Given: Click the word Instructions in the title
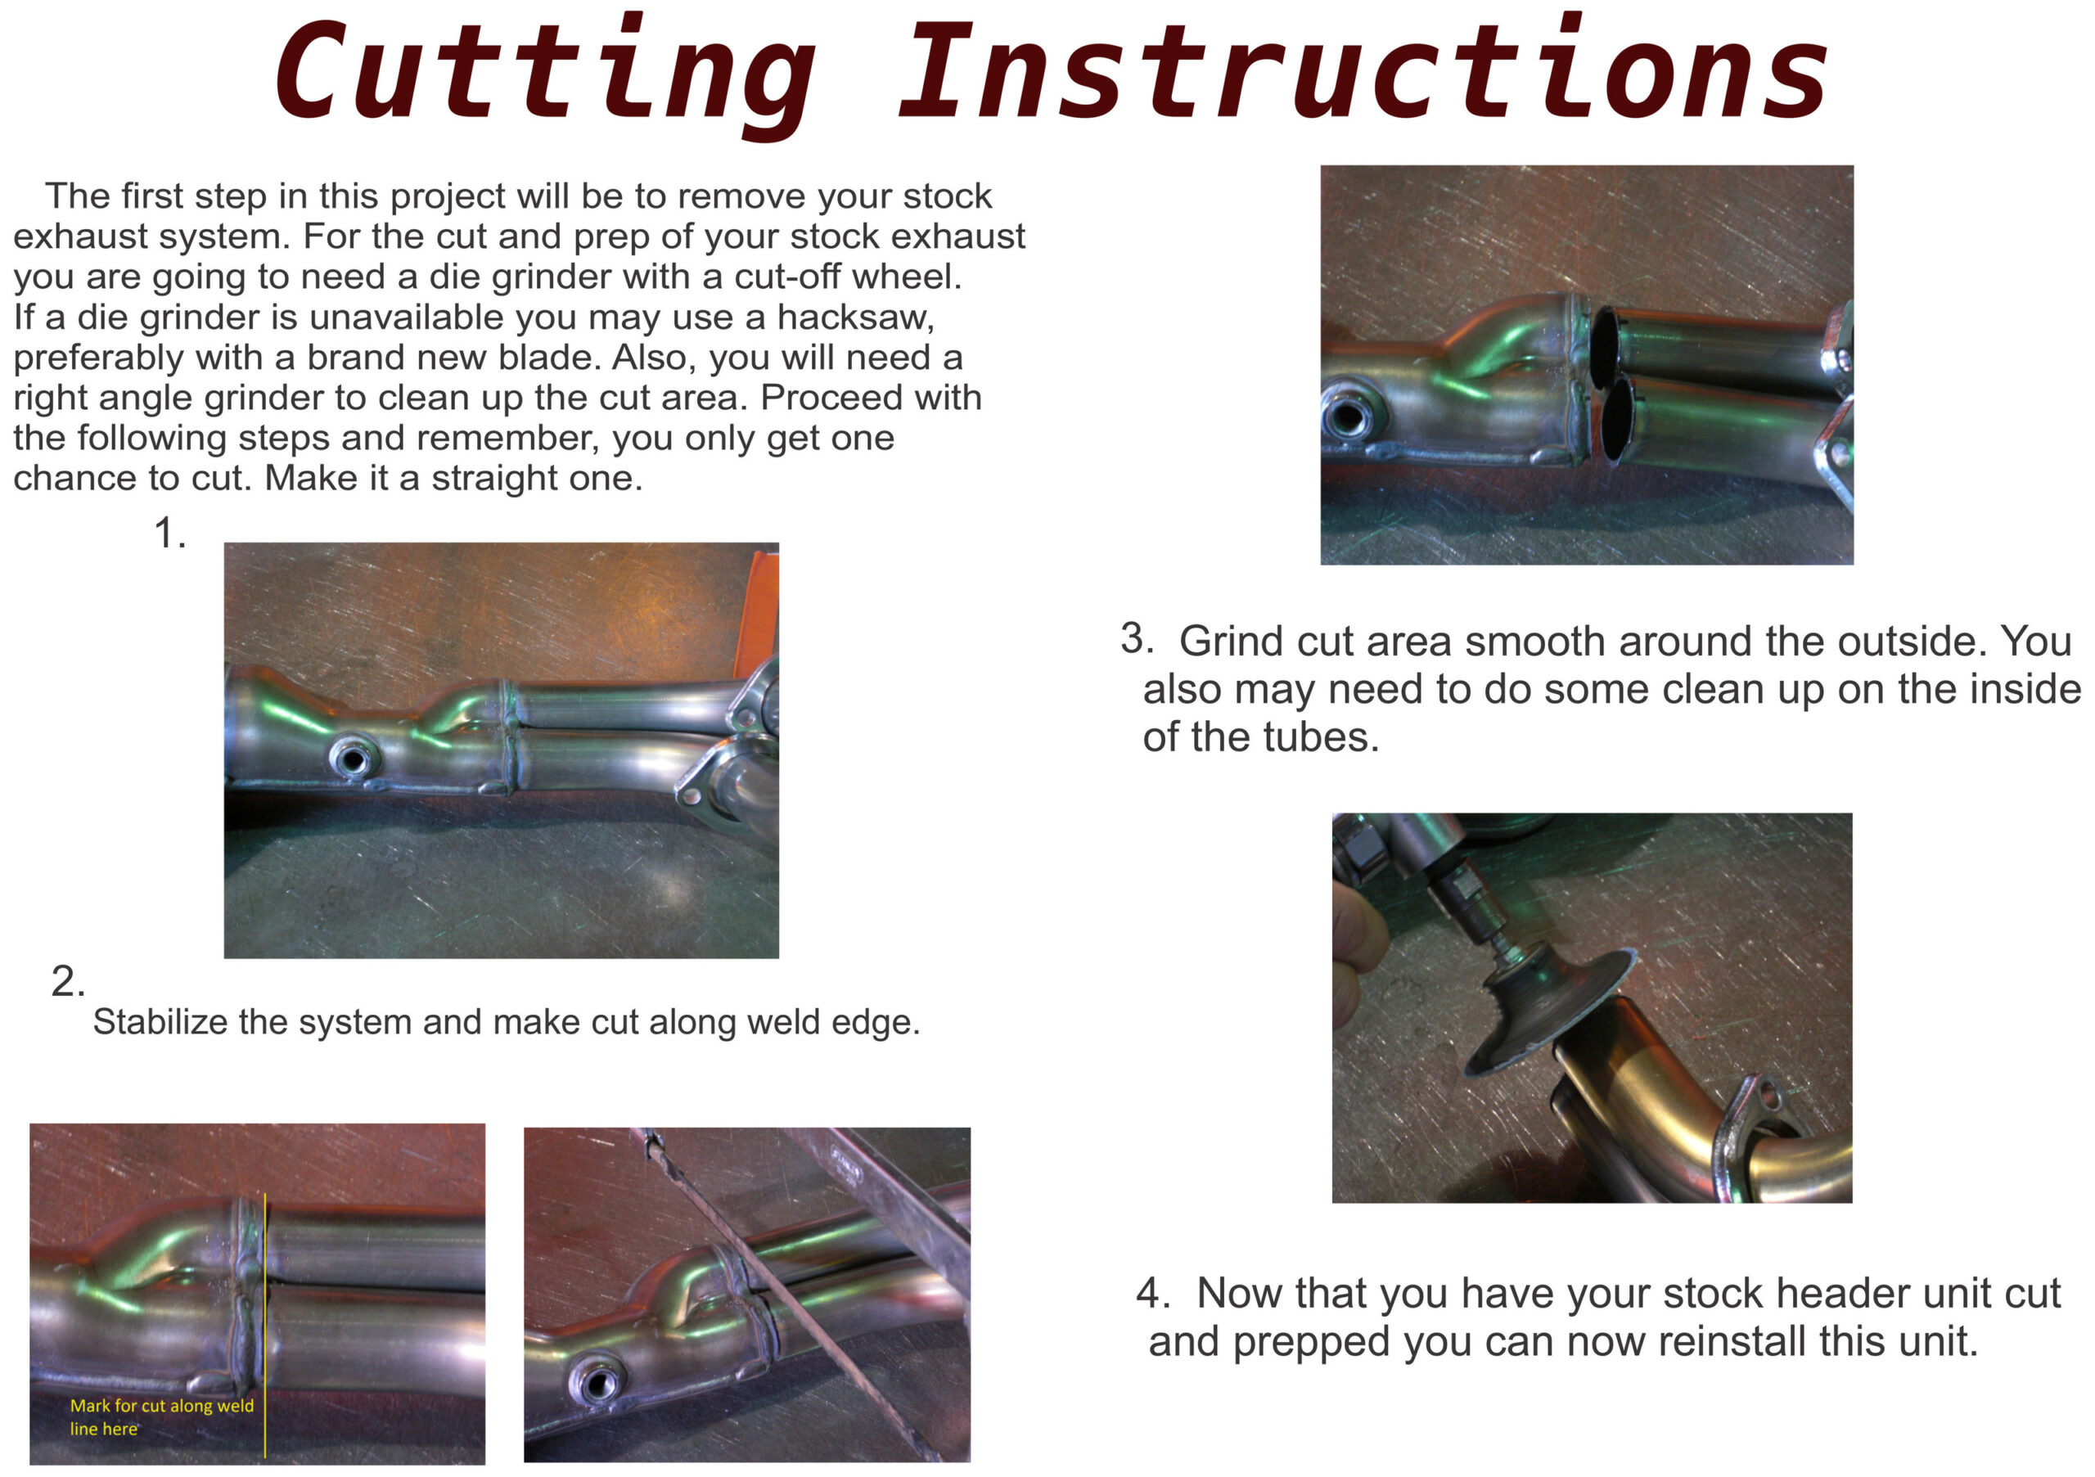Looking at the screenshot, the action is (x=1363, y=69).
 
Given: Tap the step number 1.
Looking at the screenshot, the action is (x=169, y=533).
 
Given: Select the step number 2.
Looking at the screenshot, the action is (x=68, y=982).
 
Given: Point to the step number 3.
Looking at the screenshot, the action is (x=1137, y=638).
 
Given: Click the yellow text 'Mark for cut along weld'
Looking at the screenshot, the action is (x=161, y=1406).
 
